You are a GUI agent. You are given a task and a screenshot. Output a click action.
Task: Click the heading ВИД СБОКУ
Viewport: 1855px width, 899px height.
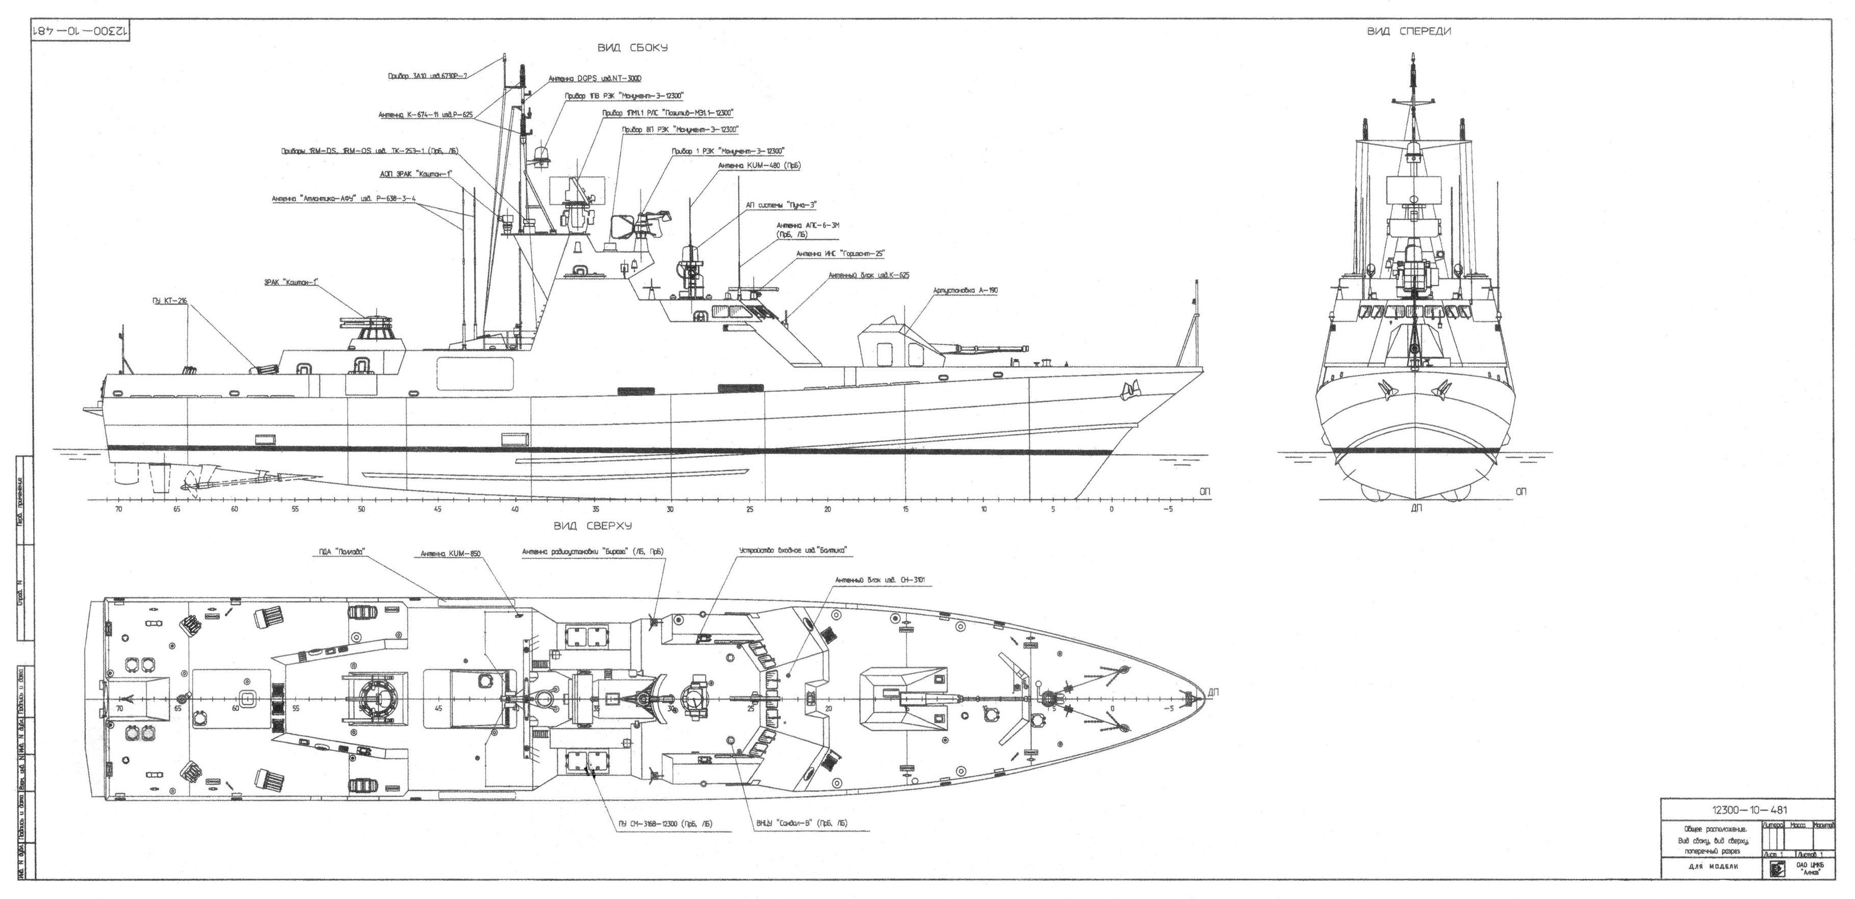coord(632,47)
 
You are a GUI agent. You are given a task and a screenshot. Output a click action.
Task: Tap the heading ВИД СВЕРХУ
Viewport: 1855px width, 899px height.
coord(592,527)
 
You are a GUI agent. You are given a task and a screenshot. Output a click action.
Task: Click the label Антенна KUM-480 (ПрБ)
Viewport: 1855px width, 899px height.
coord(759,166)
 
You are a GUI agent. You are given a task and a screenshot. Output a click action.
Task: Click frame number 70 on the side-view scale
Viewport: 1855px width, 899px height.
coord(119,509)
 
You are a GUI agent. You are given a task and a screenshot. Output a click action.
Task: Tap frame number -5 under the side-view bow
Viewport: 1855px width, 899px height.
coord(1168,509)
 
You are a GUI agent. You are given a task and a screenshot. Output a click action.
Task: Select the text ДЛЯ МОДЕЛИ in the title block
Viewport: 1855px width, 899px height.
coord(1712,866)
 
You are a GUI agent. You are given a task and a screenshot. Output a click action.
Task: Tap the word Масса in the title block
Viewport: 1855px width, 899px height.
coord(1797,823)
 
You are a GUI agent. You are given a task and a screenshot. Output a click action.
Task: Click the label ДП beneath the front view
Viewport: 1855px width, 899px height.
coord(1416,507)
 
